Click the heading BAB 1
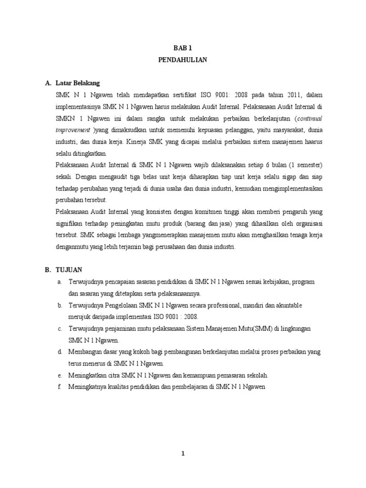coord(183,48)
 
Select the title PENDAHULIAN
coord(183,61)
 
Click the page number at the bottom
coord(183,454)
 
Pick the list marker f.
coord(60,387)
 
